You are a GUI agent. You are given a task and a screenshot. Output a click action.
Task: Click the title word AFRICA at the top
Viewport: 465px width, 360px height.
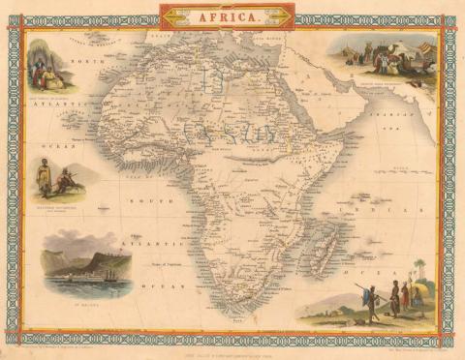(231, 16)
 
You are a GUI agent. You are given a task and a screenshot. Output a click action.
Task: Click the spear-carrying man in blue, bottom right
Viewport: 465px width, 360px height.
(371, 302)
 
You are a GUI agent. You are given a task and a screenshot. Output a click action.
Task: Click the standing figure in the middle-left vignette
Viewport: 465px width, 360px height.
(45, 179)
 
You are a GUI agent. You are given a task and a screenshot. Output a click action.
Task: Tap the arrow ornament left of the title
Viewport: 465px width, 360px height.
(180, 16)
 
